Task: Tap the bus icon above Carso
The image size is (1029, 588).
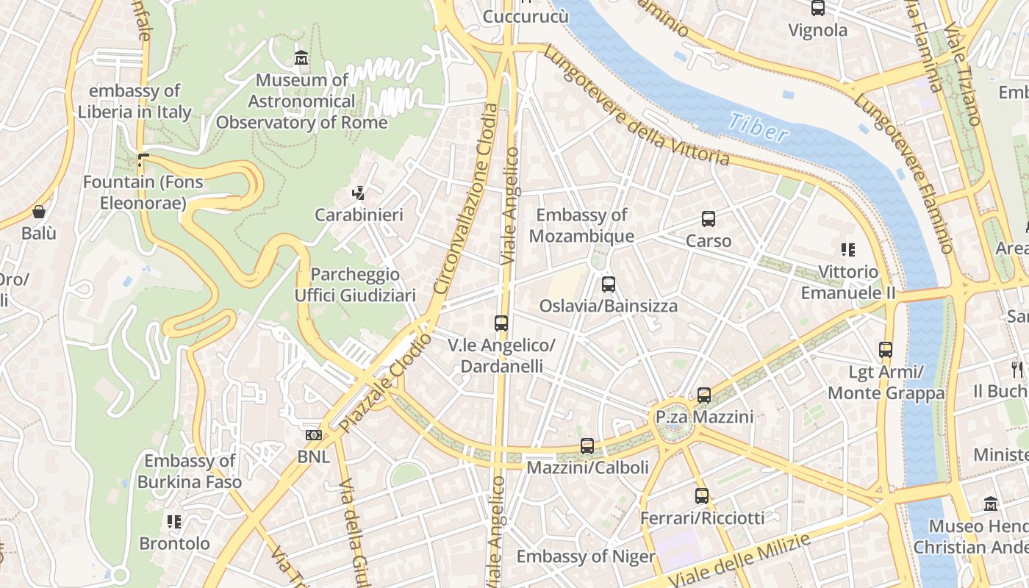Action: (x=709, y=219)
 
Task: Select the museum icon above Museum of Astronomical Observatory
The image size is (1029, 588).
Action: (x=301, y=58)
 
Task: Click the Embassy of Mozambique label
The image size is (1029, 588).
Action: (x=581, y=226)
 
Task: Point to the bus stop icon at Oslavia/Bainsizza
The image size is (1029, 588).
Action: (x=609, y=284)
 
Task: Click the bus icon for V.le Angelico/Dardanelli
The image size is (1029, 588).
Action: (x=501, y=323)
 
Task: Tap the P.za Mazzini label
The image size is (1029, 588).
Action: (x=704, y=417)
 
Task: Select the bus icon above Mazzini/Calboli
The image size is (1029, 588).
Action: (x=587, y=446)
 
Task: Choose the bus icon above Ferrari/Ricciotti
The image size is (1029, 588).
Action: (x=702, y=496)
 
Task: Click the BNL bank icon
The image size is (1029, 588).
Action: (x=314, y=435)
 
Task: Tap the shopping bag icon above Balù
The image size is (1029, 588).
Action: (x=39, y=212)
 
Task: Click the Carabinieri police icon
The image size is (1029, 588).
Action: (x=359, y=194)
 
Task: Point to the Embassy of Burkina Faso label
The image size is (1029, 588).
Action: (x=190, y=472)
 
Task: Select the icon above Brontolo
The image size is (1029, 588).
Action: (x=174, y=522)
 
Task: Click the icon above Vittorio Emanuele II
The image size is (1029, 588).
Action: (x=848, y=250)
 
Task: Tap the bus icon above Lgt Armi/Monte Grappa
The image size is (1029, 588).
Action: (x=886, y=350)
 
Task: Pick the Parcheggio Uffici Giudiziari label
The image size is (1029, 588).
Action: (x=355, y=285)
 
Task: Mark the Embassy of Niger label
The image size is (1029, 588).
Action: (x=585, y=556)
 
